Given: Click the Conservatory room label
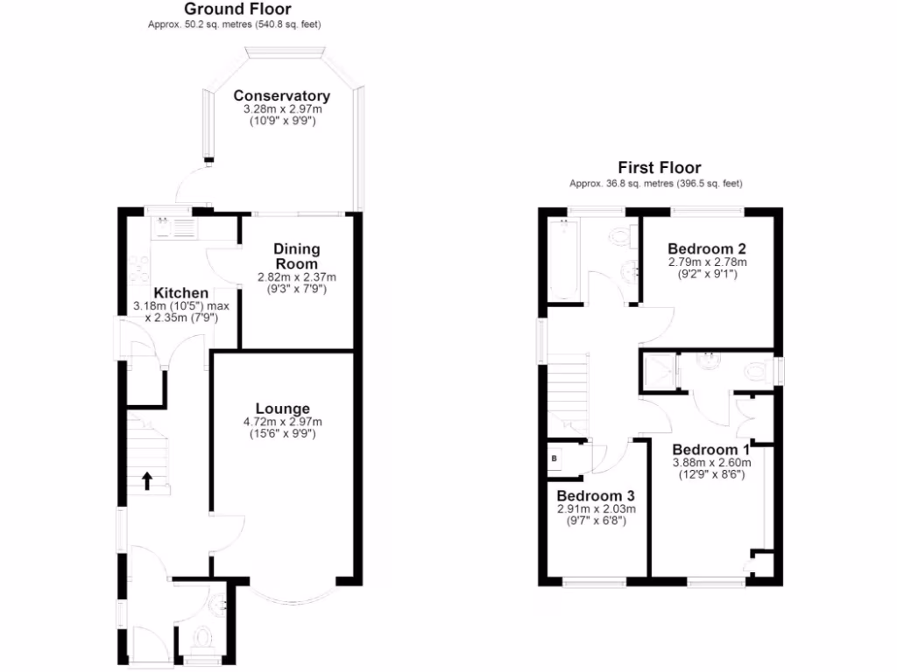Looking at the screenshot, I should pyautogui.click(x=281, y=96).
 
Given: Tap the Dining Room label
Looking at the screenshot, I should pyautogui.click(x=296, y=256).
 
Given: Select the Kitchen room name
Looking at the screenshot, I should pyautogui.click(x=181, y=292).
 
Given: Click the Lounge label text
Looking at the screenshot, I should pyautogui.click(x=282, y=409).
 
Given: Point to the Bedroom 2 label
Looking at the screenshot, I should pyautogui.click(x=706, y=248).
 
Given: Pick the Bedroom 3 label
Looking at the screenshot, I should pyautogui.click(x=596, y=494).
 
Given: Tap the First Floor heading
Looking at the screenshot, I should pyautogui.click(x=660, y=168).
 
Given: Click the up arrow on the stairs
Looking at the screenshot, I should pyautogui.click(x=146, y=479).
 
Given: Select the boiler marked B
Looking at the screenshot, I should pyautogui.click(x=554, y=457).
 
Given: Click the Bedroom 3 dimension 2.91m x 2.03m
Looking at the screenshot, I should pyautogui.click(x=596, y=508).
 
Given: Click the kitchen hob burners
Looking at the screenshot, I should pyautogui.click(x=138, y=266).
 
